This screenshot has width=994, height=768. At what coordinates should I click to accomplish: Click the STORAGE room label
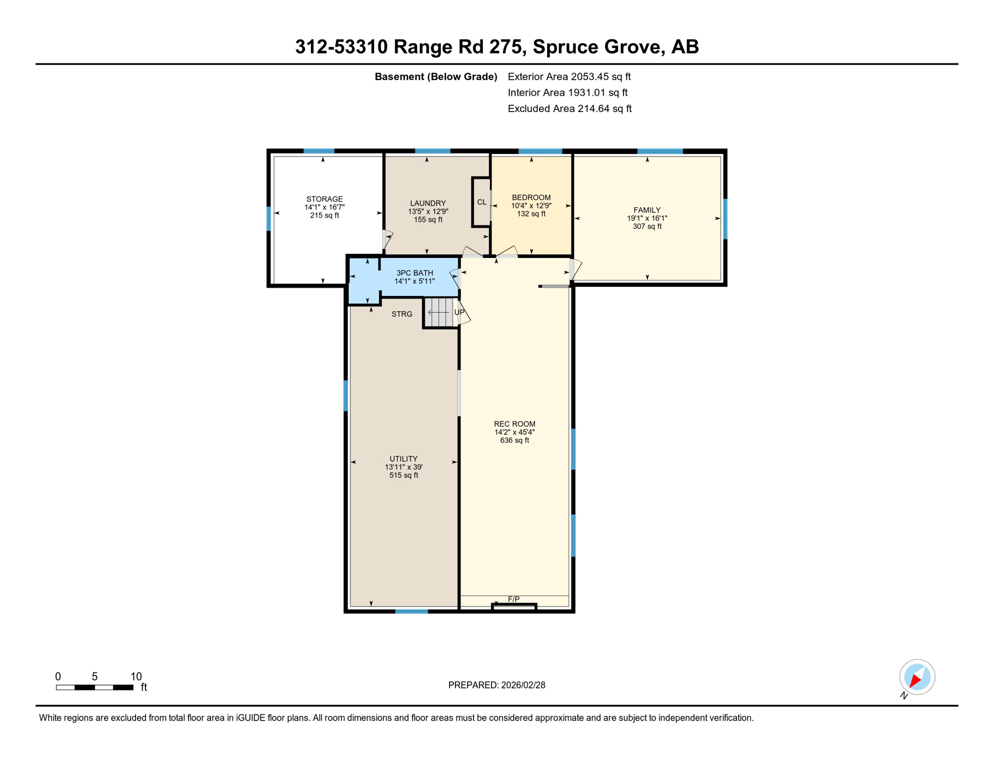point(324,199)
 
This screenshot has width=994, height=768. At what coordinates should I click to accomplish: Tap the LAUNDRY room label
point(428,203)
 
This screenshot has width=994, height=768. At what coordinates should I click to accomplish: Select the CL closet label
point(481,202)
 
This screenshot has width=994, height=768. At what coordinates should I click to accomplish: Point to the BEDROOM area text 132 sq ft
point(531,214)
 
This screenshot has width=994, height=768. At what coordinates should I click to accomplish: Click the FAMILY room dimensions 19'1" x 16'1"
point(647,218)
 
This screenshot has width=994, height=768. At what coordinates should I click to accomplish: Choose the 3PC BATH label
point(414,273)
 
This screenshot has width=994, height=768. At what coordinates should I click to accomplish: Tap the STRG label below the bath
point(402,314)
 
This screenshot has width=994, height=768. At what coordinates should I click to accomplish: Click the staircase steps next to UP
point(439,312)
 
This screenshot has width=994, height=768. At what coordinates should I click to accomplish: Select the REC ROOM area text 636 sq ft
point(514,440)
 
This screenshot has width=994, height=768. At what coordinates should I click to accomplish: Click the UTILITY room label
point(403,459)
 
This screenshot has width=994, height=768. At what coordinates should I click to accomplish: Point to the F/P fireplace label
point(513,599)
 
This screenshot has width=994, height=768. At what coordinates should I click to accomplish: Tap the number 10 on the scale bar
point(136,676)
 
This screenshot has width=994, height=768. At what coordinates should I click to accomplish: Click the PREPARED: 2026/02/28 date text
point(496,685)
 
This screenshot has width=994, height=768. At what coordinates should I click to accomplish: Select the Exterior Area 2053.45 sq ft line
point(569,76)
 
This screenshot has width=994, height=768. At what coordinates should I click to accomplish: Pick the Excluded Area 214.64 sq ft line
point(569,108)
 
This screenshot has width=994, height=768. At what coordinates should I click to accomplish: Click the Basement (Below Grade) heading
point(435,76)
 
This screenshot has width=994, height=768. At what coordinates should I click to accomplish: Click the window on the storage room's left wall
point(269,218)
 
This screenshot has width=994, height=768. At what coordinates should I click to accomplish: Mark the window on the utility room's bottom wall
point(411,611)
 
